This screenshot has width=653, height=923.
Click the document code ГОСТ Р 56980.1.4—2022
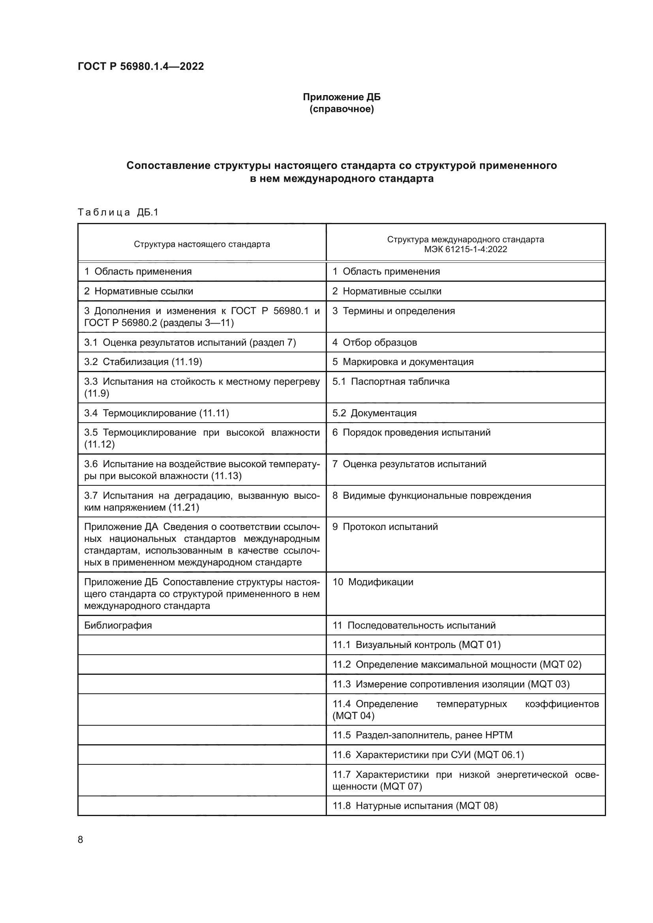tap(141, 66)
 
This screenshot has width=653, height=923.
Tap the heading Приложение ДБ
tap(342, 97)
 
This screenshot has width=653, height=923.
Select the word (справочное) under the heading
tap(342, 109)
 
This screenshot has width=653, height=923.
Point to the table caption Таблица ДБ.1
tap(118, 212)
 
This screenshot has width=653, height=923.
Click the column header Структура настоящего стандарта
tap(202, 244)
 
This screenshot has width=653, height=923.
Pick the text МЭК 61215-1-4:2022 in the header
tap(465, 249)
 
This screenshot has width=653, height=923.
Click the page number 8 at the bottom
tap(81, 839)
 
